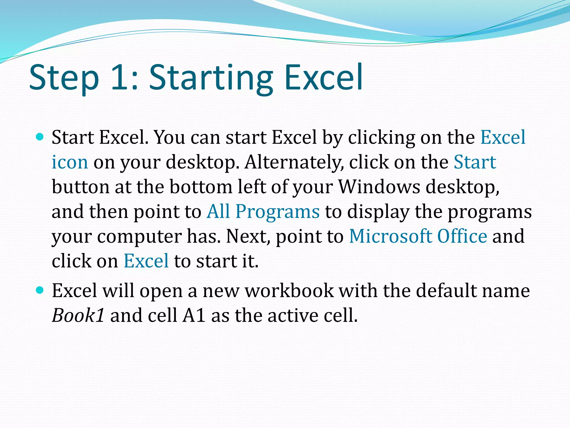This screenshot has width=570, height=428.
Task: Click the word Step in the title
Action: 64,78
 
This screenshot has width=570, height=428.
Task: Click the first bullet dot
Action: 40,137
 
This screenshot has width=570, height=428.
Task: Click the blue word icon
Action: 70,162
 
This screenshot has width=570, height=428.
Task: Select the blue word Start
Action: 475,162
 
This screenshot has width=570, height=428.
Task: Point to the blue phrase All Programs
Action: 263,211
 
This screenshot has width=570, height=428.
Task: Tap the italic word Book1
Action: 78,315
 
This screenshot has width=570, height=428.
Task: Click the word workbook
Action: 289,291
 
